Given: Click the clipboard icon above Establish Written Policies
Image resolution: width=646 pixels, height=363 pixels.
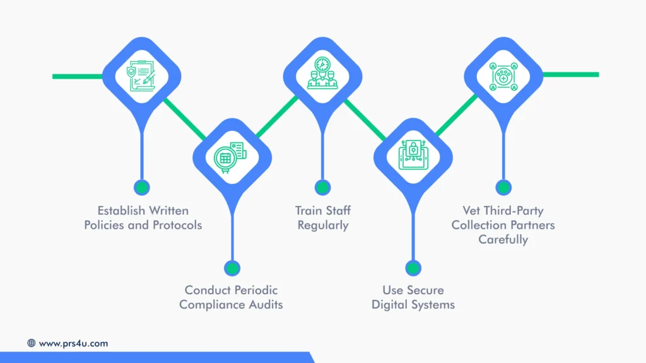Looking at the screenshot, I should pyautogui.click(x=142, y=77).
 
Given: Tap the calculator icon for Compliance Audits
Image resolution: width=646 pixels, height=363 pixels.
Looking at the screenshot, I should pyautogui.click(x=232, y=156).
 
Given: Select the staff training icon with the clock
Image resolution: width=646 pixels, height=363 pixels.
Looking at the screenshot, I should pyautogui.click(x=322, y=74).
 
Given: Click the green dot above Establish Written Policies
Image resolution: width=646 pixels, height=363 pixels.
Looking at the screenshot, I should pyautogui.click(x=142, y=187).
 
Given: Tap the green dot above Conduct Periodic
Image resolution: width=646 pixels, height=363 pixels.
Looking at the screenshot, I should pyautogui.click(x=232, y=268).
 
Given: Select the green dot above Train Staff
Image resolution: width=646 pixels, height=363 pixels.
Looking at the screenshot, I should pyautogui.click(x=322, y=187).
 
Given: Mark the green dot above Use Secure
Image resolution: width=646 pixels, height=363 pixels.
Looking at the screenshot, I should pyautogui.click(x=413, y=268).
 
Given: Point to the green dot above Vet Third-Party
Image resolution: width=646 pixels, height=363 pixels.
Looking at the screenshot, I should pyautogui.click(x=503, y=187).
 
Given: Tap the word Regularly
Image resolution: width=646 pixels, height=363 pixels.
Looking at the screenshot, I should pyautogui.click(x=323, y=225).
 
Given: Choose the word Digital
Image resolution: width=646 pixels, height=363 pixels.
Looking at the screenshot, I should pyautogui.click(x=391, y=305).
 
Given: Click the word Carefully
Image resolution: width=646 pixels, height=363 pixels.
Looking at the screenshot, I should pyautogui.click(x=503, y=239).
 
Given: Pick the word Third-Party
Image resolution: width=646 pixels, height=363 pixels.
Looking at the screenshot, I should pyautogui.click(x=515, y=210).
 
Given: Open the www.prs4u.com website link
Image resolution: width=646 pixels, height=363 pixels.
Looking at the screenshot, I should pyautogui.click(x=73, y=343).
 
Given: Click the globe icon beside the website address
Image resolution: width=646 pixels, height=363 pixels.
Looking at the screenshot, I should pyautogui.click(x=32, y=343).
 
